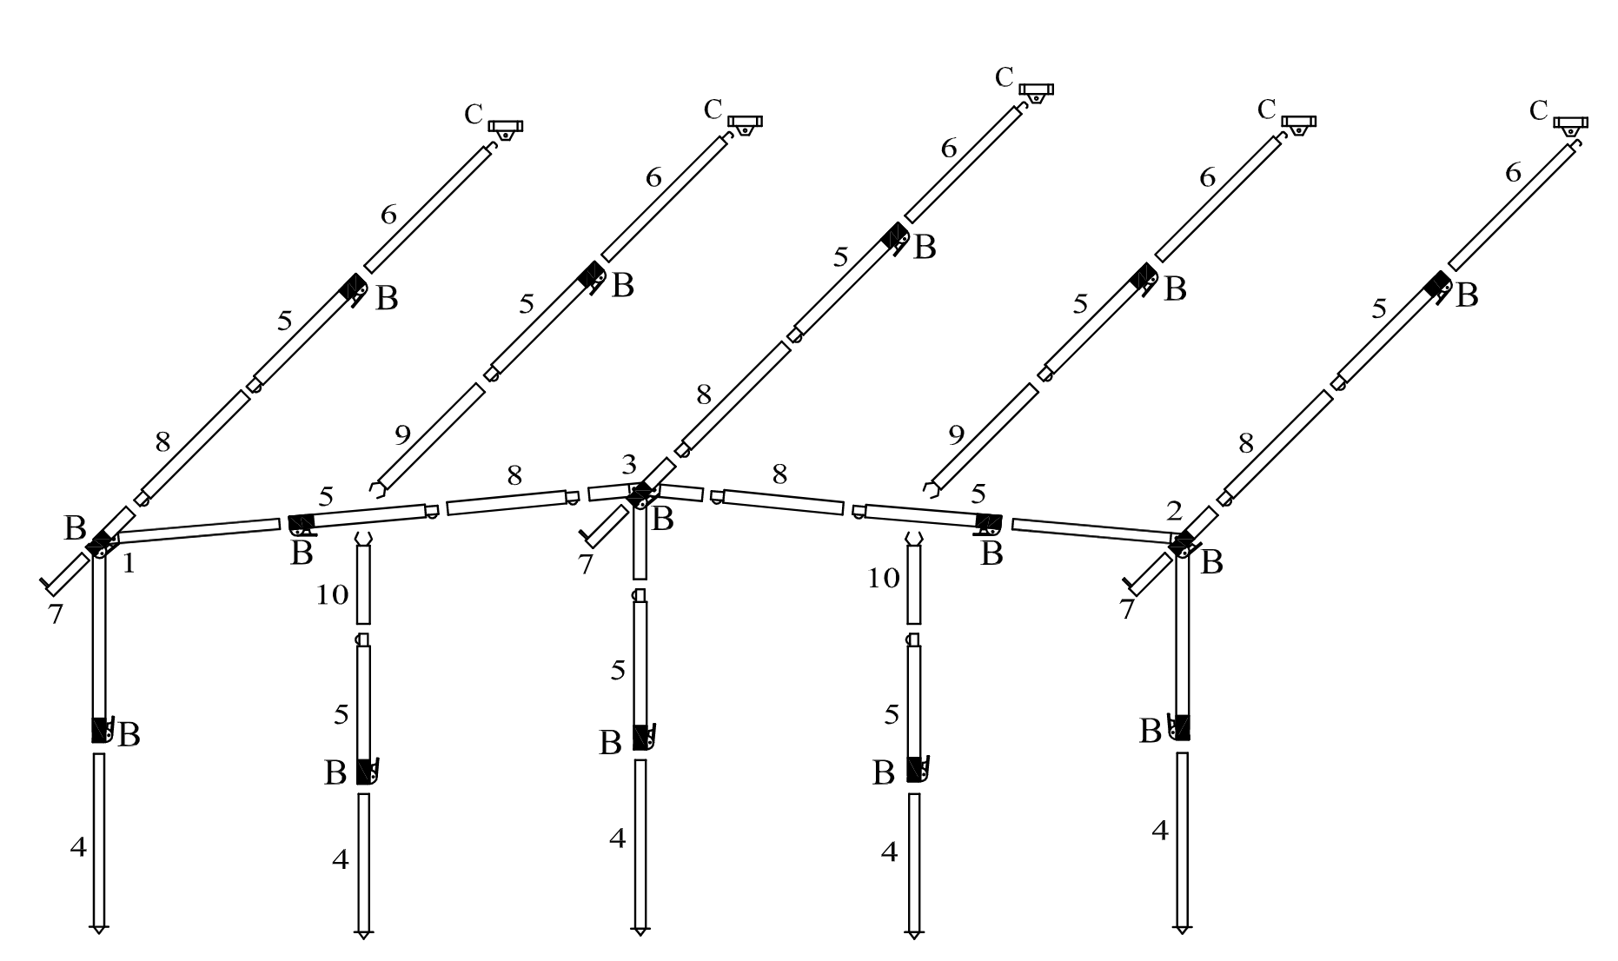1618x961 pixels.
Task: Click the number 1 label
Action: pos(129,565)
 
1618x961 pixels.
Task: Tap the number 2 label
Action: pos(1174,511)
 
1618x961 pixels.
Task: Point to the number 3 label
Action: pos(629,464)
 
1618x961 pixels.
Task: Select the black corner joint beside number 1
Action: pos(101,544)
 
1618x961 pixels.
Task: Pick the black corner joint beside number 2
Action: pos(1182,545)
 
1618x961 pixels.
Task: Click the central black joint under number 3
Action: pos(640,494)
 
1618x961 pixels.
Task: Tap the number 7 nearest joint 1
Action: pos(56,614)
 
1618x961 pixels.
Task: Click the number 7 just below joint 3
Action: pos(586,565)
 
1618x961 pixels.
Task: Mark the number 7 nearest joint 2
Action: pos(1127,609)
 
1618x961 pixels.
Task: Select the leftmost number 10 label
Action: pos(333,596)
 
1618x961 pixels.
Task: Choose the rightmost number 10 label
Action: pos(884,578)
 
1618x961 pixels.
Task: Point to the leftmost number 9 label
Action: pos(401,435)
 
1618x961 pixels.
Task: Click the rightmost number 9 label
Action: pos(956,435)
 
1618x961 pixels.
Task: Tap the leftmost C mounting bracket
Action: pos(505,128)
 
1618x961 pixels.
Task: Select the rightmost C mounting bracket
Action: pos(1570,124)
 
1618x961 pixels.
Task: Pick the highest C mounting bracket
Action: pos(1036,91)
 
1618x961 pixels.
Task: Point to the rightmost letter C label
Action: pos(1538,111)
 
